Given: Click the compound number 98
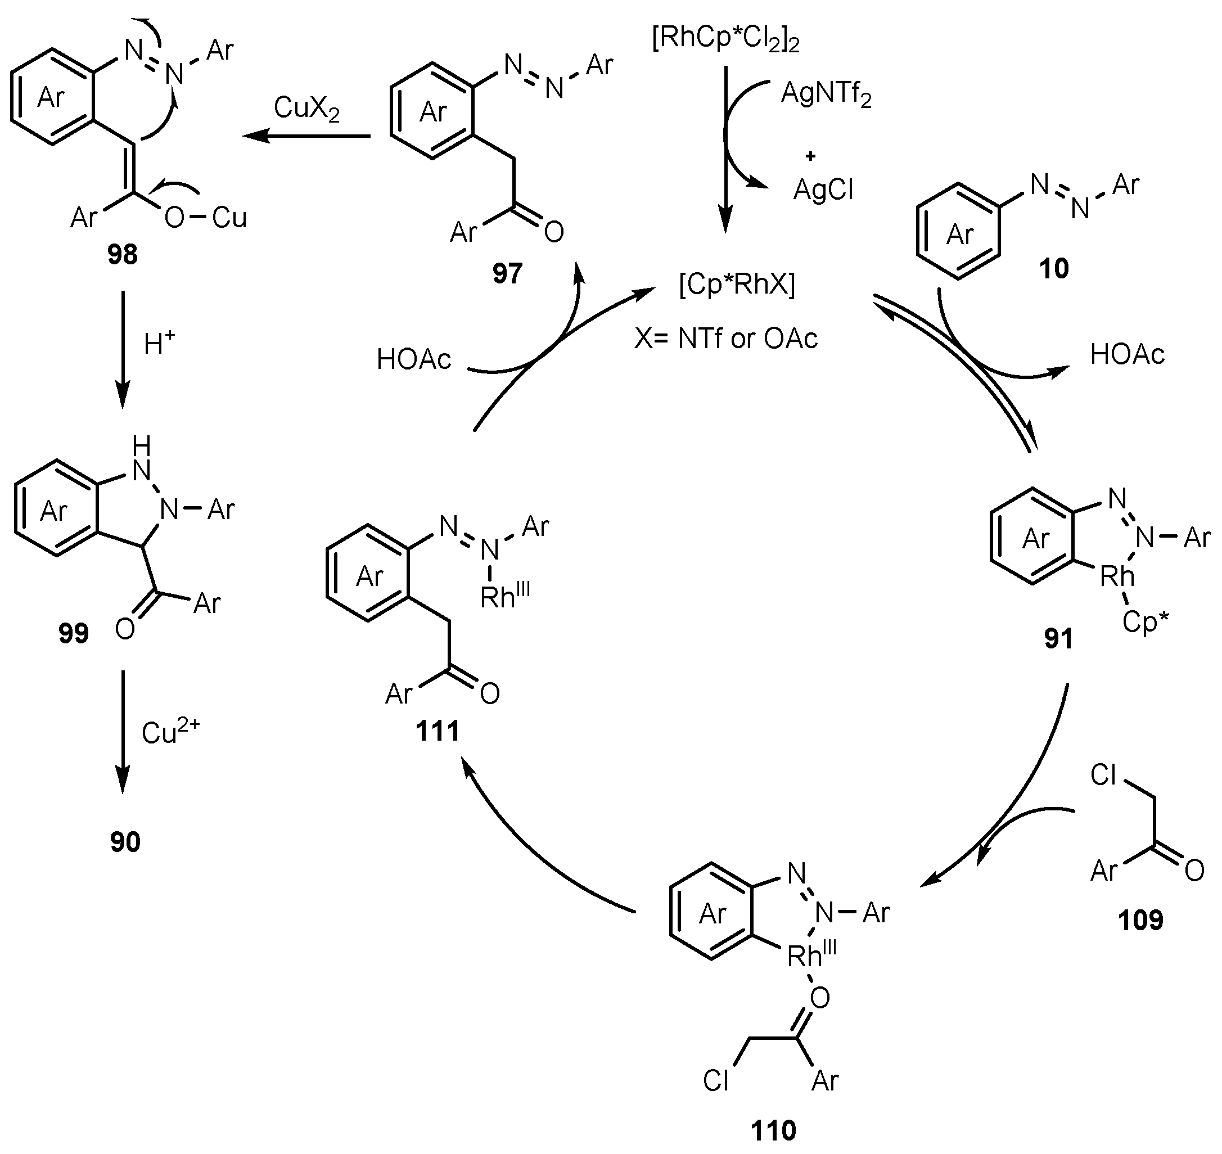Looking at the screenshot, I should click(122, 254).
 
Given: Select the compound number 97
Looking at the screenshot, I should click(507, 273).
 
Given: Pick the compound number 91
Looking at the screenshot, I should click(1058, 638).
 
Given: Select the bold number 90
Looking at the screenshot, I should click(125, 841).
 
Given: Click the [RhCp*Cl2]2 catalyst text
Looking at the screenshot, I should click(725, 40).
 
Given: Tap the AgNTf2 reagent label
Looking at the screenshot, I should click(826, 94).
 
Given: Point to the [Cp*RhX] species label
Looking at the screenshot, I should click(737, 285).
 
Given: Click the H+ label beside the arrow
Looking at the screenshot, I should click(159, 342).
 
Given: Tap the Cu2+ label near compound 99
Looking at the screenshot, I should click(170, 732).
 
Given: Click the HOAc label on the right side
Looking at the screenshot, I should click(1128, 354).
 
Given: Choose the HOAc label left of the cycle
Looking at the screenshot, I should click(413, 359).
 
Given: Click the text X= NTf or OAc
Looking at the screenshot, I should click(725, 339).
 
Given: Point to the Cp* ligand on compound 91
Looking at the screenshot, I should click(1144, 621).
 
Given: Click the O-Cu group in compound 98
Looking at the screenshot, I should click(205, 217).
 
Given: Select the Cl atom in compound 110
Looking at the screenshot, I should click(715, 1080).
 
